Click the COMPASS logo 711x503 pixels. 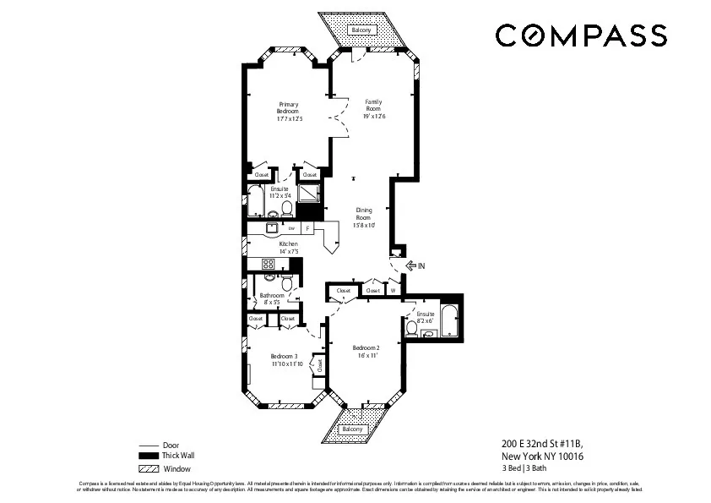[580, 36]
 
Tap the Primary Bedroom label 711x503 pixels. [289, 112]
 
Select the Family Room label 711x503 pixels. [373, 108]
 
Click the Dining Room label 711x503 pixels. [363, 217]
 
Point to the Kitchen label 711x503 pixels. [289, 248]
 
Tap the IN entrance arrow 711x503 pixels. [415, 265]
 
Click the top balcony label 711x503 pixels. [361, 30]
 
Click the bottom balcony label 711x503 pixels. [352, 429]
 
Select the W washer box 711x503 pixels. [393, 290]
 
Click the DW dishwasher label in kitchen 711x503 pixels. [291, 228]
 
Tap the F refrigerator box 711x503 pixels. [307, 228]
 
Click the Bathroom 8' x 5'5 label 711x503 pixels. [272, 298]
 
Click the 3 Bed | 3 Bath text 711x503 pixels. [524, 467]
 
